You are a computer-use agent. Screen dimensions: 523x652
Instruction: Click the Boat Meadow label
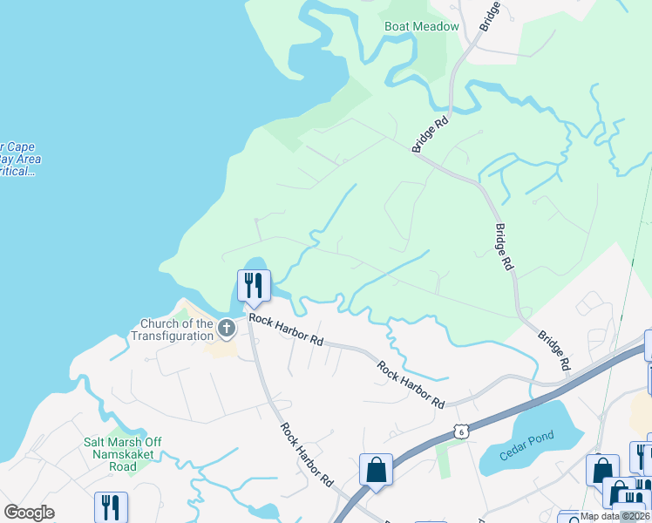(422, 26)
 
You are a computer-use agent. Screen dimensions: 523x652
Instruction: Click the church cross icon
(226, 329)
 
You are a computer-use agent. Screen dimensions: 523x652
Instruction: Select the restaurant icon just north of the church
(254, 285)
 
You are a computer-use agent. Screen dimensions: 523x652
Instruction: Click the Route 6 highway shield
(460, 431)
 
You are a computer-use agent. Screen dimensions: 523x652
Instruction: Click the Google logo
(30, 513)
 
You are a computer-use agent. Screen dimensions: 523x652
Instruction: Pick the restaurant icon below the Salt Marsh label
(111, 508)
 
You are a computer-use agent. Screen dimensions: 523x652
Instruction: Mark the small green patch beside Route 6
(445, 459)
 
